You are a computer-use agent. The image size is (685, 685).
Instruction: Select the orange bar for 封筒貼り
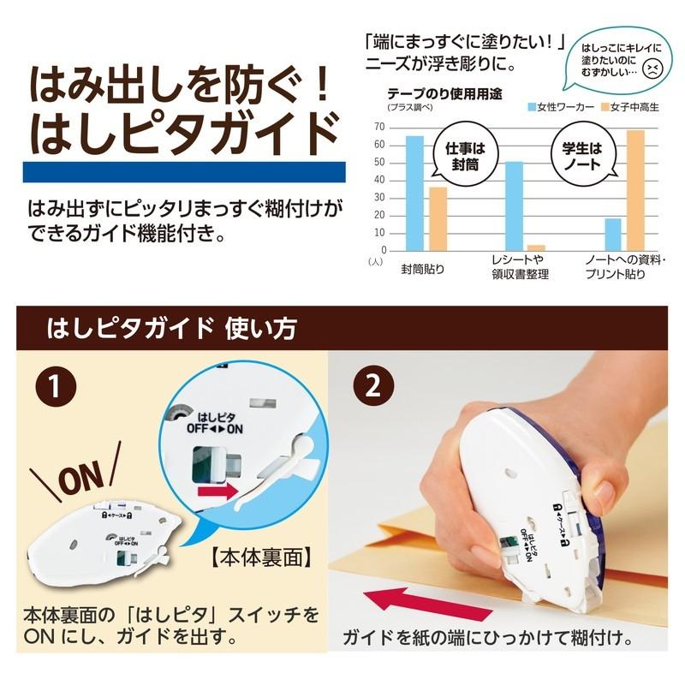(438, 217)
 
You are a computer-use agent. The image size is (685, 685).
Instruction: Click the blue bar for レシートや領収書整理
(514, 205)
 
